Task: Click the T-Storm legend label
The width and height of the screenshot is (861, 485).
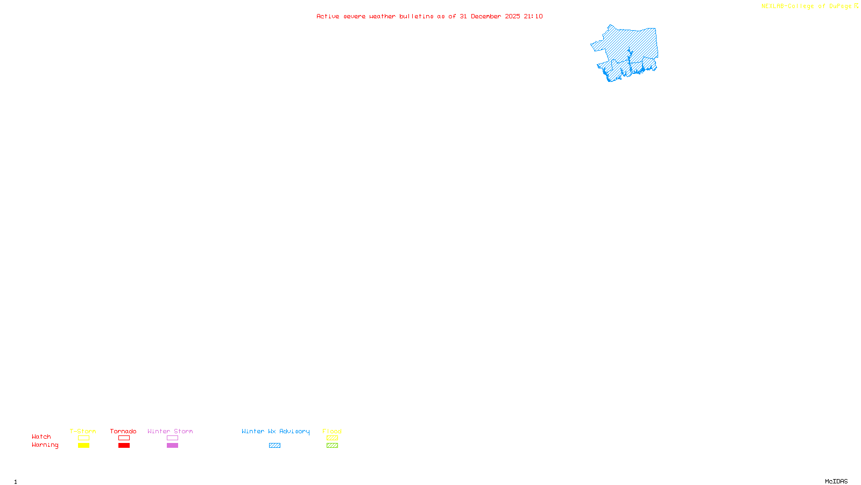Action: pyautogui.click(x=83, y=431)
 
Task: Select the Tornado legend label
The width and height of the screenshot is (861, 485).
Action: pyautogui.click(x=123, y=431)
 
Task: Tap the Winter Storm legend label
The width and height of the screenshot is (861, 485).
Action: pyautogui.click(x=170, y=431)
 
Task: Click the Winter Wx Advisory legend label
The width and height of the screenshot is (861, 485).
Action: pyautogui.click(x=276, y=431)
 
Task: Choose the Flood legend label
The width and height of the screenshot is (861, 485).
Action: pyautogui.click(x=332, y=431)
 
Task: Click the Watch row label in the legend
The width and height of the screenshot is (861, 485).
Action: pyautogui.click(x=41, y=436)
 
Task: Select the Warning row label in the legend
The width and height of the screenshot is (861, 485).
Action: pyautogui.click(x=45, y=445)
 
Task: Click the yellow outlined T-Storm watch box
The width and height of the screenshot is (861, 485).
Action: pyautogui.click(x=83, y=438)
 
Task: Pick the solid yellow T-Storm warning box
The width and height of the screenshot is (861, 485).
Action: pyautogui.click(x=83, y=446)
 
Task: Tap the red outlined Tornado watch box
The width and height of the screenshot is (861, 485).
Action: pyautogui.click(x=124, y=438)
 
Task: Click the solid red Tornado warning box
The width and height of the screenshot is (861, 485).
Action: pyautogui.click(x=124, y=446)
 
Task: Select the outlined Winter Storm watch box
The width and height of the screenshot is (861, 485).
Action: pyautogui.click(x=172, y=438)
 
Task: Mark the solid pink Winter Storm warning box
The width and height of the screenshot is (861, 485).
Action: pyautogui.click(x=172, y=446)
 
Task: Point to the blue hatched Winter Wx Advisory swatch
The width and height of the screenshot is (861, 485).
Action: pyautogui.click(x=274, y=446)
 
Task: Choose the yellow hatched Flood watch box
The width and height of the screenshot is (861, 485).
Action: pyautogui.click(x=332, y=438)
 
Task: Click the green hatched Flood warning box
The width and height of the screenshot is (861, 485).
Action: pyautogui.click(x=332, y=446)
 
